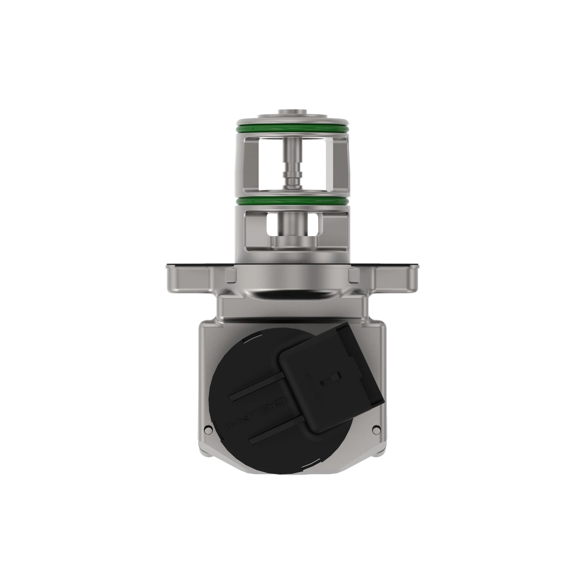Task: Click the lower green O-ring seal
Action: click(292, 201)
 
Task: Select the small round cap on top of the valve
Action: click(292, 111)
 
